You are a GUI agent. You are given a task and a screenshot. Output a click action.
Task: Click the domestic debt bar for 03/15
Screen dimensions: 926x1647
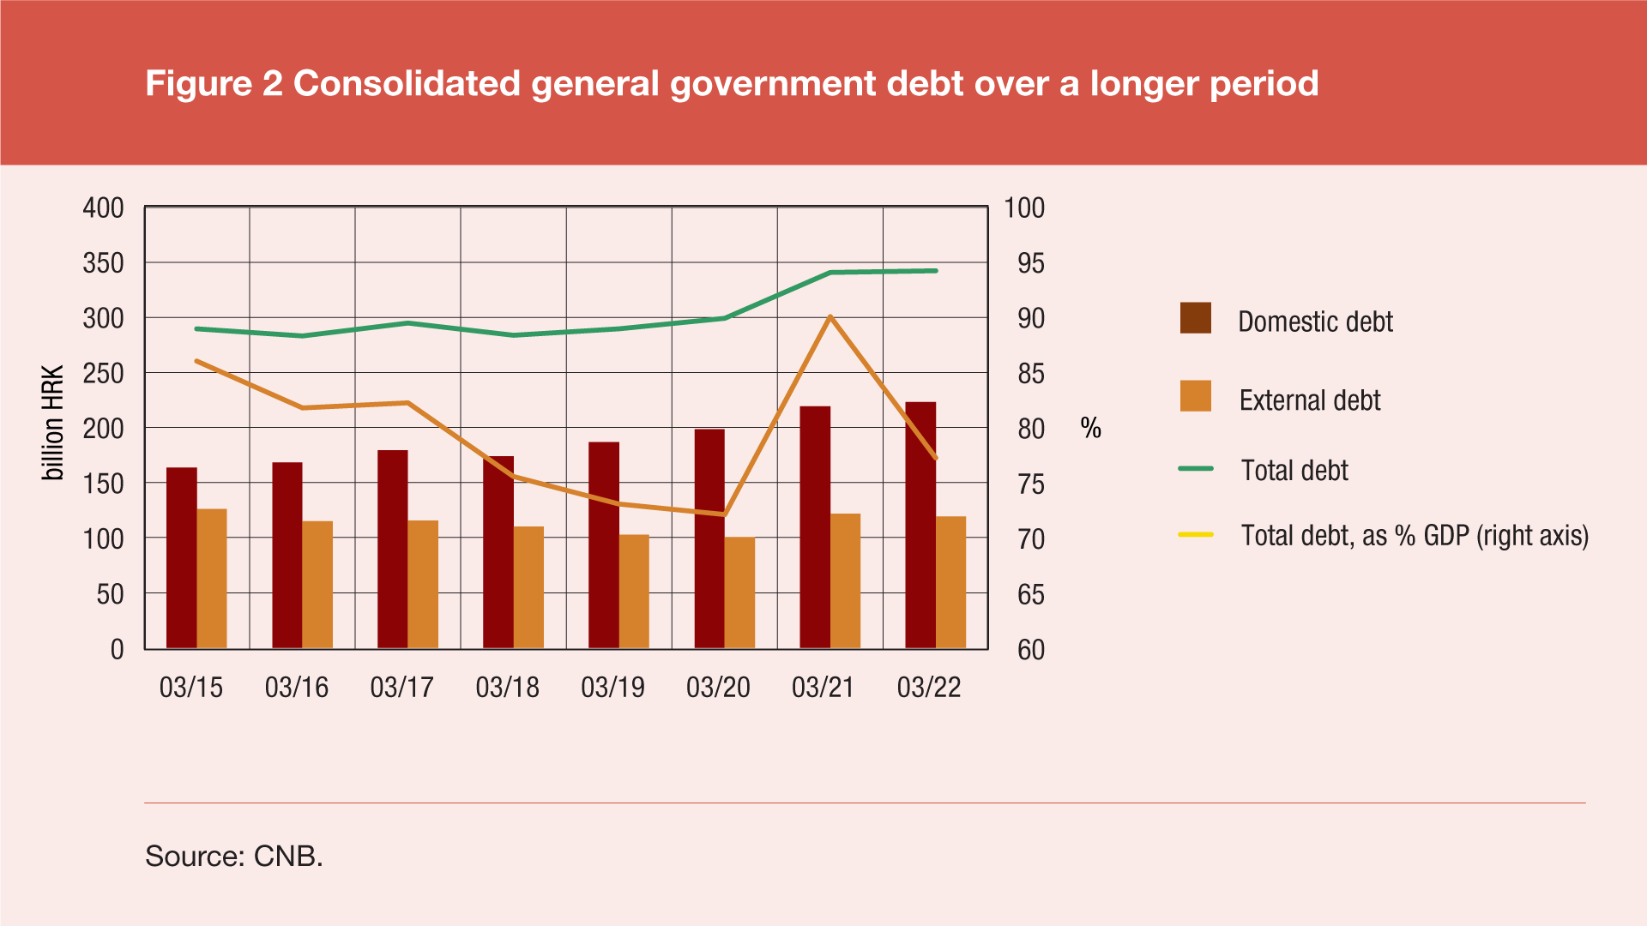click(181, 557)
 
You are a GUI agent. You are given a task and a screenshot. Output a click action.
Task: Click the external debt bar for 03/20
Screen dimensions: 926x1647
click(739, 592)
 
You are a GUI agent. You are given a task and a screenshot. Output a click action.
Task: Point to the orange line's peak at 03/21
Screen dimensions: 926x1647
click(830, 317)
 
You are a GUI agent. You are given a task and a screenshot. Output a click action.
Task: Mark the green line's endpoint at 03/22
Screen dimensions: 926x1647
click(936, 271)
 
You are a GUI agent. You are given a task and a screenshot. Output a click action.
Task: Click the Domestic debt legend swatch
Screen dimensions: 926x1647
click(1195, 318)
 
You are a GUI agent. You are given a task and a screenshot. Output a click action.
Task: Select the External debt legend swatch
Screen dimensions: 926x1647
click(1195, 396)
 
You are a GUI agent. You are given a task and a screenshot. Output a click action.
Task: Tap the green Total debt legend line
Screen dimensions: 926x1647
click(1195, 469)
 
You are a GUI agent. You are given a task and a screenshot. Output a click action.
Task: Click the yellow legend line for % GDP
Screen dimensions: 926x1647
click(1195, 534)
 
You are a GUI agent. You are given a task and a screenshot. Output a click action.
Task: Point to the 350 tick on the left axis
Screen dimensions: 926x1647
click(103, 263)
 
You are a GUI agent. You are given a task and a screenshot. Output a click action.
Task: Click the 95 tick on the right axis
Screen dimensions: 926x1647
click(1031, 263)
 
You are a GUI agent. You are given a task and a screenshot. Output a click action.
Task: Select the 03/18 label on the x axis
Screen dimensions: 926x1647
click(507, 687)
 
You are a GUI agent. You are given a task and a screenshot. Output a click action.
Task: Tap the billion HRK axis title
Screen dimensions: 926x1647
click(53, 423)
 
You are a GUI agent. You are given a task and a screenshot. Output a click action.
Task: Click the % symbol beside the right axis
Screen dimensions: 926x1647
click(1090, 428)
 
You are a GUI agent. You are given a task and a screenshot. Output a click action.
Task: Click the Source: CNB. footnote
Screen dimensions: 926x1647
click(233, 856)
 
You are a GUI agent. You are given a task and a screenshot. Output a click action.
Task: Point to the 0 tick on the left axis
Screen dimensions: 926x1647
click(117, 650)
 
